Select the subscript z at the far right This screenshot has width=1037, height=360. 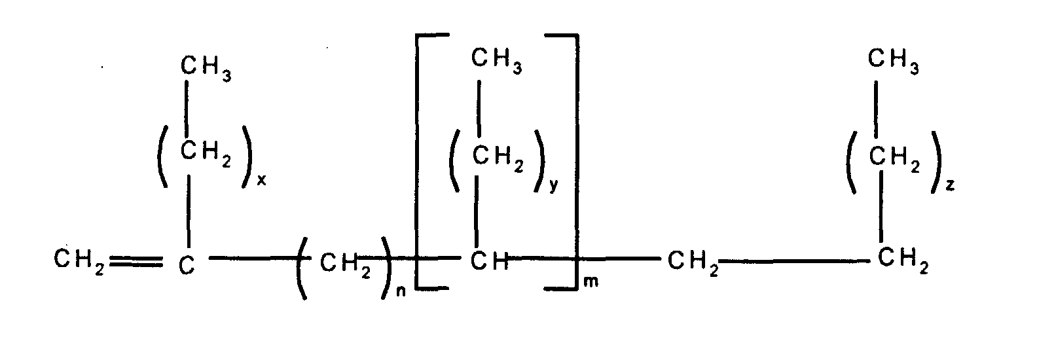point(950,186)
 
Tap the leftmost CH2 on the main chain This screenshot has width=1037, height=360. point(79,262)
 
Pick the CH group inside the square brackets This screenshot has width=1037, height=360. point(490,262)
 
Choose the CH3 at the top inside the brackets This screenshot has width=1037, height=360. point(497,61)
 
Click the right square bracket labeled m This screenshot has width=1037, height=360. point(576,160)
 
